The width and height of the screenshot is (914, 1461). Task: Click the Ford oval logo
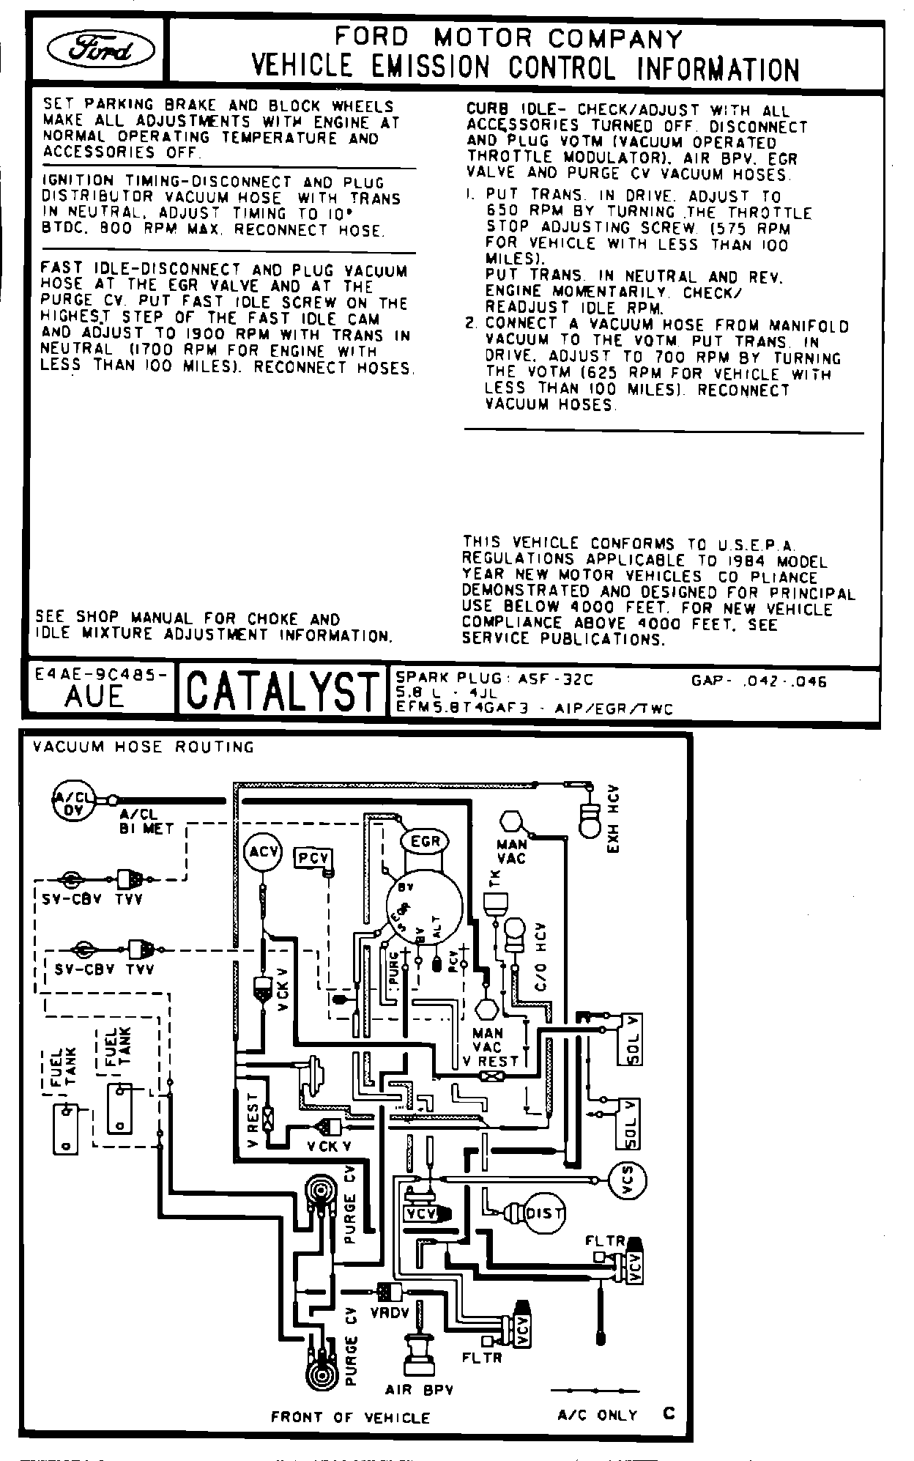[x=100, y=50]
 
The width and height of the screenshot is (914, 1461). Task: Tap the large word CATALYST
[x=281, y=691]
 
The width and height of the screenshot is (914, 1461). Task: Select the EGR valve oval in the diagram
[x=425, y=842]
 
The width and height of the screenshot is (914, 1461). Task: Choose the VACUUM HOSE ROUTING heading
[x=144, y=747]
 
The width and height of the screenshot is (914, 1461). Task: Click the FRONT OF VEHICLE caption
[x=350, y=1417]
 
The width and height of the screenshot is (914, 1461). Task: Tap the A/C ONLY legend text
[x=598, y=1415]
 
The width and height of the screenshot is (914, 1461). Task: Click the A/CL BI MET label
[x=146, y=821]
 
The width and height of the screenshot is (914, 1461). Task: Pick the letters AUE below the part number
[x=94, y=697]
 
